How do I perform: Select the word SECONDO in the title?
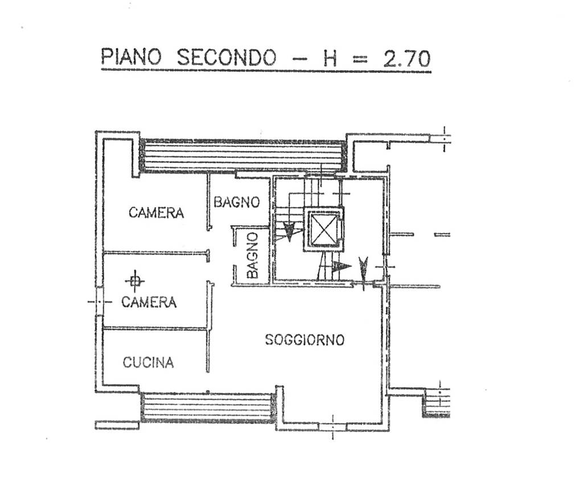point(227,58)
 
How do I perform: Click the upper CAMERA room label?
point(156,213)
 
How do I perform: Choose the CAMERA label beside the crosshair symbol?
point(149,302)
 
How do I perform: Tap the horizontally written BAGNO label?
point(237,202)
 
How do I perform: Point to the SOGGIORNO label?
point(305,340)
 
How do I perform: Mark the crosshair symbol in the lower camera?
point(134,280)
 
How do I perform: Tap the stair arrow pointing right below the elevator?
point(341,266)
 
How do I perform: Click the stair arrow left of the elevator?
point(290,230)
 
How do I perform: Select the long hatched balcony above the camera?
point(243,155)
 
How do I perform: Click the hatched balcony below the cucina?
point(208,407)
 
